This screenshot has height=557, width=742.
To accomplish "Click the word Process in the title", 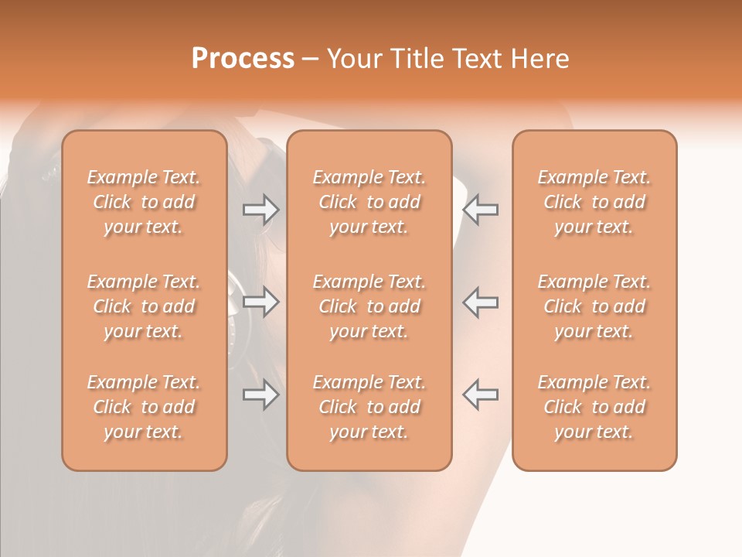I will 243,59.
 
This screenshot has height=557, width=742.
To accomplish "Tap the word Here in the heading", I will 540,59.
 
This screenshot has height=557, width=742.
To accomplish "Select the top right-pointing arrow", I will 261,209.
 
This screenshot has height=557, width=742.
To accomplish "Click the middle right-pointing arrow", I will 261,302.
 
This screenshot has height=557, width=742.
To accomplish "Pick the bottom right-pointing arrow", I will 261,395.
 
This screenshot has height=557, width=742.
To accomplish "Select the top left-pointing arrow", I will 480,209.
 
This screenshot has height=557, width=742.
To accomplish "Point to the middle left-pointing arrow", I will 480,302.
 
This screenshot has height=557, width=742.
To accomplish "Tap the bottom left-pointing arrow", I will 480,395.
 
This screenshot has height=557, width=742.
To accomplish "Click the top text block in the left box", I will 144,202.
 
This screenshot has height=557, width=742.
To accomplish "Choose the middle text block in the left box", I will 144,306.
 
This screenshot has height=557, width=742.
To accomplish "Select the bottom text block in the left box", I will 144,407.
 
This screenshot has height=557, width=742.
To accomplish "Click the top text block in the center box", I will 369,202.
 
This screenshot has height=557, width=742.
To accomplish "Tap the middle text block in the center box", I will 369,306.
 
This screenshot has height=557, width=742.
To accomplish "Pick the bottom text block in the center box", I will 369,407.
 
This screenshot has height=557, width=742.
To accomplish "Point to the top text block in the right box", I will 594,202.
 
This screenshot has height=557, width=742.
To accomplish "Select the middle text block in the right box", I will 594,306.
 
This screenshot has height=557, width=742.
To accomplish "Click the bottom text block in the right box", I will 594,407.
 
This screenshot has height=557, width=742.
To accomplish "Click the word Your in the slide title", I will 354,59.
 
